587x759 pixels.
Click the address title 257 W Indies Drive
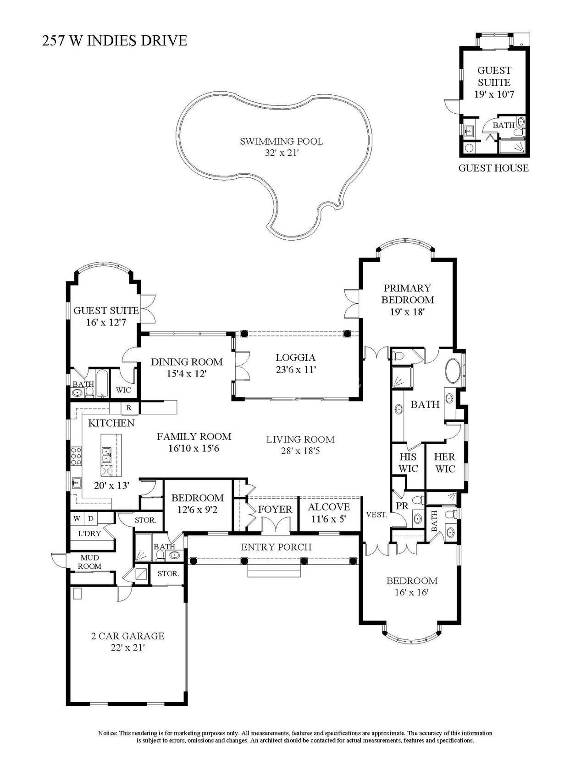(115, 40)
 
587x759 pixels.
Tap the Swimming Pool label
(281, 142)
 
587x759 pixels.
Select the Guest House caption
(493, 168)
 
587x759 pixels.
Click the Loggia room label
(295, 357)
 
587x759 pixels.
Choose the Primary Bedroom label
(407, 294)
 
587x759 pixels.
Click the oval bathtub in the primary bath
(453, 371)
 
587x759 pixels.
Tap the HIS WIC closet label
(408, 462)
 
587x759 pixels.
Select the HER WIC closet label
(445, 462)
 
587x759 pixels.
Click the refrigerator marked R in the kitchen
(128, 407)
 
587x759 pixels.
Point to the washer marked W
(77, 519)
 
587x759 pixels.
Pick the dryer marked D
(90, 519)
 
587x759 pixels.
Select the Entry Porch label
(276, 547)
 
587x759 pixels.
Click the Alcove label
(329, 507)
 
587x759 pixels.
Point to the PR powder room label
(402, 506)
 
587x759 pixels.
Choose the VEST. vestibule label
(377, 515)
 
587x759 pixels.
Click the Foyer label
(275, 510)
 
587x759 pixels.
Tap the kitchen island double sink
(106, 454)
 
